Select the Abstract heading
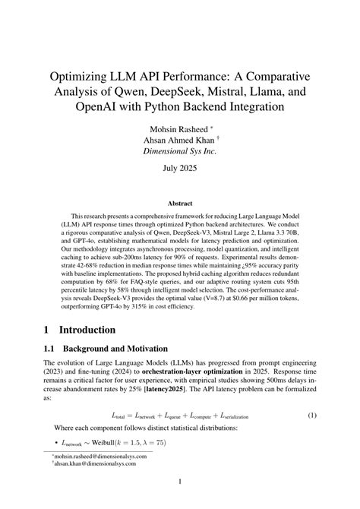180,203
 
